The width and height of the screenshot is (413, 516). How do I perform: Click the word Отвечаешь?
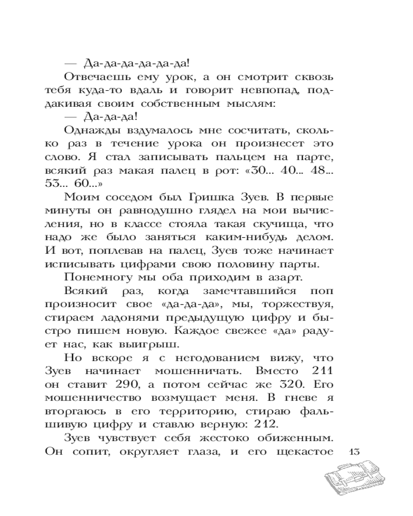click(x=97, y=76)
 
